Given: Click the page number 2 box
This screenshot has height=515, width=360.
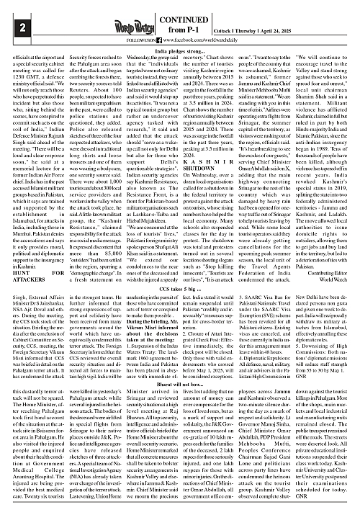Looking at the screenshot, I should tap(9, 28).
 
